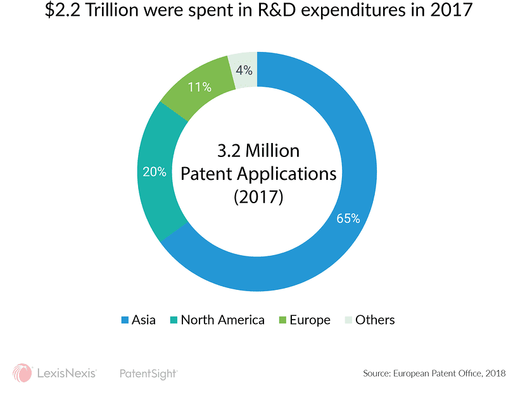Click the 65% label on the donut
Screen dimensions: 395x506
coord(348,219)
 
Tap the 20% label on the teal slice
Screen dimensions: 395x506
coord(155,172)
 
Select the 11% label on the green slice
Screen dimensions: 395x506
coord(199,87)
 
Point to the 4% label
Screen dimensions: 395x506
coord(244,70)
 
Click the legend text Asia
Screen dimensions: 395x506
coord(143,320)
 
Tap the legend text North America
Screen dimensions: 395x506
coord(222,320)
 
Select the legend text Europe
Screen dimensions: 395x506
coord(310,320)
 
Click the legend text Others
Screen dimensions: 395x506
coord(375,320)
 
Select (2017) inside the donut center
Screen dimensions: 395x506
coord(257,197)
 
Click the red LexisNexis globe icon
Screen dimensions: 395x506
coord(22,373)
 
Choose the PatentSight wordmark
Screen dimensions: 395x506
coord(148,373)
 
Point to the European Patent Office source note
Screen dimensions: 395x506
coord(434,373)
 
